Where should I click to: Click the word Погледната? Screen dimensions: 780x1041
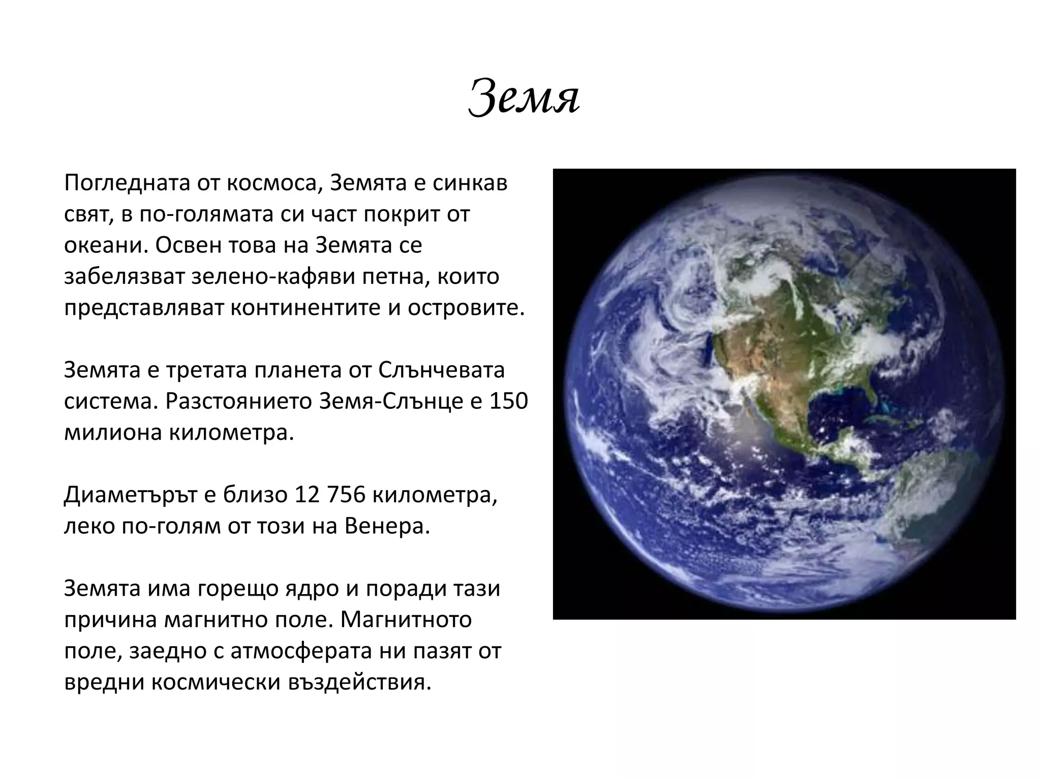point(127,183)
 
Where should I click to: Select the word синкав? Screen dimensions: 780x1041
point(470,183)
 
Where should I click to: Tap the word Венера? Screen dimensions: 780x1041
point(387,527)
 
